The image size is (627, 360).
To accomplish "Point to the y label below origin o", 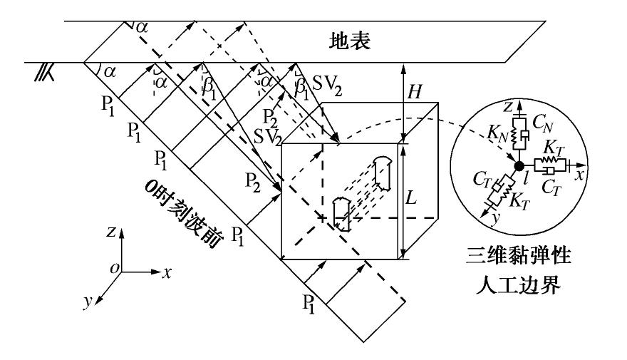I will click(87, 301).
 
